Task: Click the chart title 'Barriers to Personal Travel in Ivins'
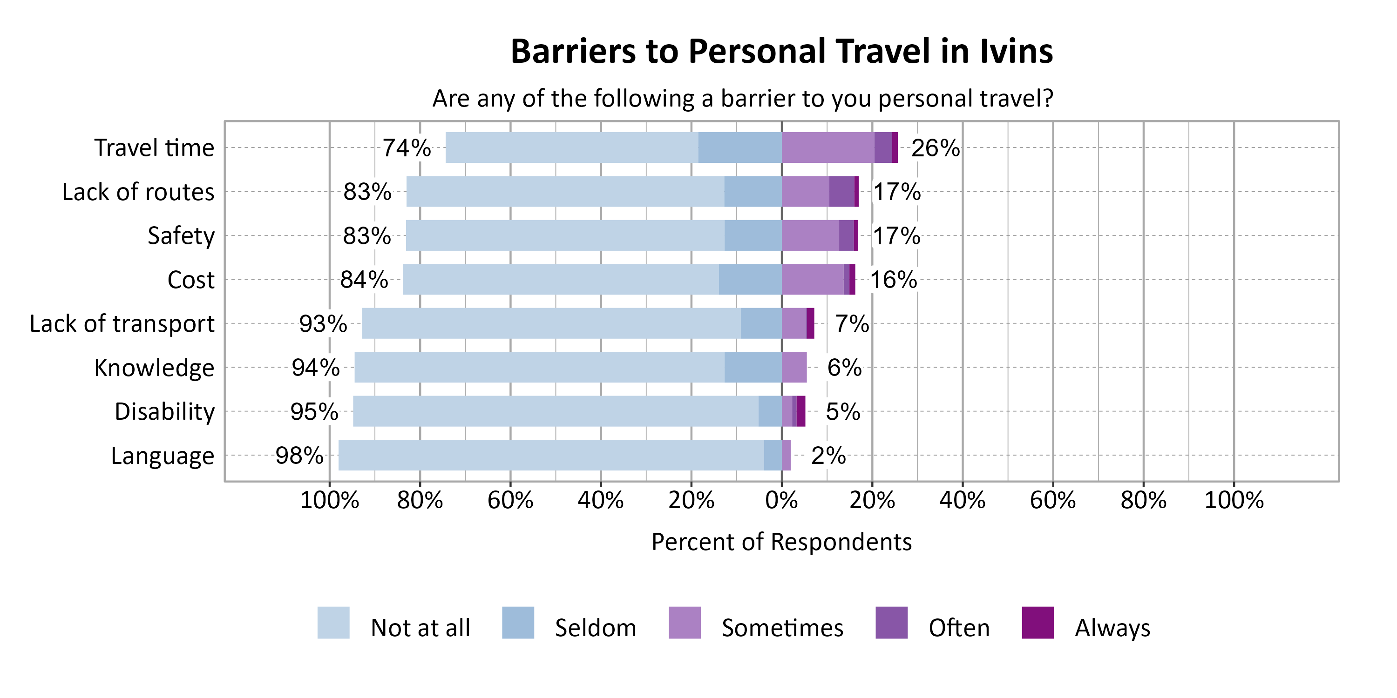click(781, 52)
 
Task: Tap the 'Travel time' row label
click(154, 148)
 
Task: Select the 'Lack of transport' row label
click(122, 323)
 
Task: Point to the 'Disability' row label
click(164, 412)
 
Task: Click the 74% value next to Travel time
click(407, 148)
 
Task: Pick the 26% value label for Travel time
click(935, 148)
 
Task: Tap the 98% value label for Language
click(299, 456)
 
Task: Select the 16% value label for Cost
click(893, 280)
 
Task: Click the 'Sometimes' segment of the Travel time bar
click(827, 148)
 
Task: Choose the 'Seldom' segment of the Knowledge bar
click(753, 368)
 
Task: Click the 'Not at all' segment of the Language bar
click(550, 455)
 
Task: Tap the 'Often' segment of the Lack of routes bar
click(841, 191)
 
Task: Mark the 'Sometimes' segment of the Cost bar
click(813, 280)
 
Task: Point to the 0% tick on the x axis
click(781, 500)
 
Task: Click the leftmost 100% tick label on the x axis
click(329, 500)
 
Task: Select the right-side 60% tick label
click(1052, 500)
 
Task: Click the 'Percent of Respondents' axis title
click(781, 542)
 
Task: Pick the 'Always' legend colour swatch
click(1038, 623)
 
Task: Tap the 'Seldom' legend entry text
click(596, 628)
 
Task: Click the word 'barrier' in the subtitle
click(751, 99)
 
